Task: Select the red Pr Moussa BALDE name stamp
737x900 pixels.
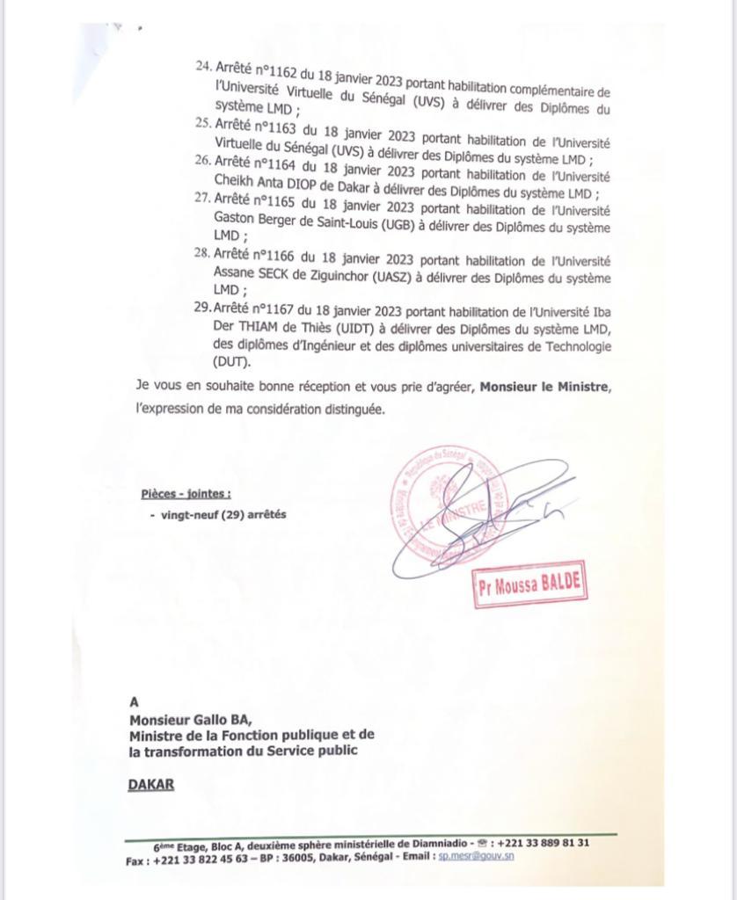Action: pyautogui.click(x=529, y=586)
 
